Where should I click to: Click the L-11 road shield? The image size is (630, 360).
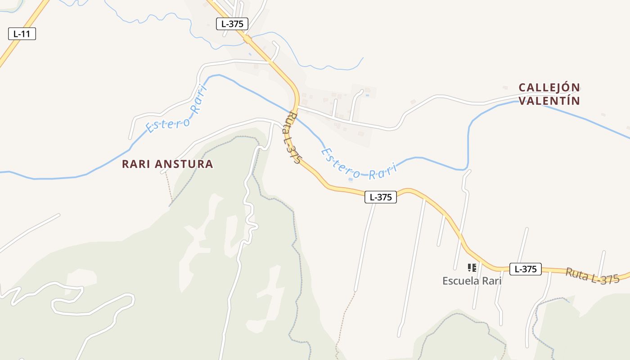[x=22, y=33]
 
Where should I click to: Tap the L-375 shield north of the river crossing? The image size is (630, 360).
[x=232, y=24]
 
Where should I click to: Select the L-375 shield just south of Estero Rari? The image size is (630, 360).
[x=380, y=197]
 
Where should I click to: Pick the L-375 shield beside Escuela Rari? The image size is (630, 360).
[x=525, y=269]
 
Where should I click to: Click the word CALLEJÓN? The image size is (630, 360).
[x=549, y=87]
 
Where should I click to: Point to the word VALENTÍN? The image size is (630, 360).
[x=549, y=101]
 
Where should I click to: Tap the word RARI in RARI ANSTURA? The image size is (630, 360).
[x=136, y=164]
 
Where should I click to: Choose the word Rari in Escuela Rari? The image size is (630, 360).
[x=492, y=281]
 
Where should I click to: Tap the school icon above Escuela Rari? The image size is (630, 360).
[x=472, y=268]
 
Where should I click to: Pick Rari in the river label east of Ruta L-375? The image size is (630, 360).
[x=382, y=172]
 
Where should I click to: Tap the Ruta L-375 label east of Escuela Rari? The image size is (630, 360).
[x=592, y=275]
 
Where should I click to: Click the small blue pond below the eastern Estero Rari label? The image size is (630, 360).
[x=351, y=180]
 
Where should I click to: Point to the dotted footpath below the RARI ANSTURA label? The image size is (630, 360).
[x=169, y=187]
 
